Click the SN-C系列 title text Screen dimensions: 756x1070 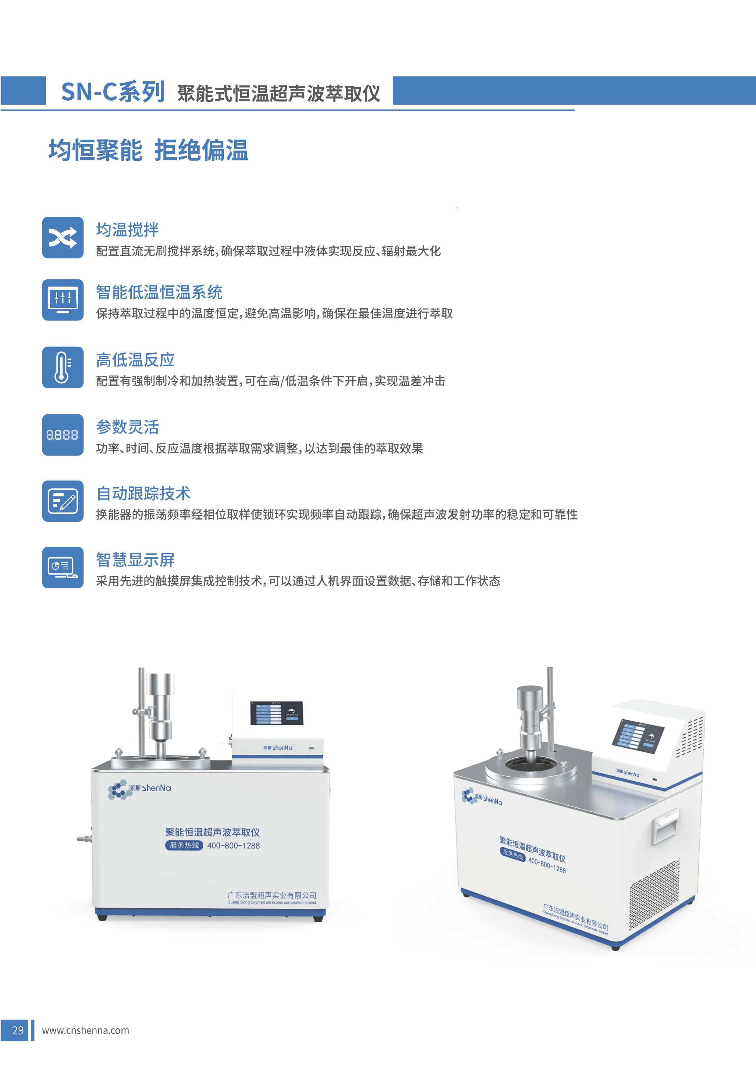click(x=113, y=92)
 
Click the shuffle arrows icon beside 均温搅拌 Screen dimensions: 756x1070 click(x=63, y=237)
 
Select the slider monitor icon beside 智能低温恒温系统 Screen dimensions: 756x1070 click(x=63, y=300)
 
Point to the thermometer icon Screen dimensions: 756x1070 click(x=63, y=367)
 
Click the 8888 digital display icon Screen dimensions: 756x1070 click(x=63, y=435)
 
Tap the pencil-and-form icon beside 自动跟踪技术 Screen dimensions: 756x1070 click(x=63, y=501)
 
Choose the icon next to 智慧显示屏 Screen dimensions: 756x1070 click(x=63, y=567)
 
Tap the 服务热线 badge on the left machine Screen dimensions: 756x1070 click(x=184, y=845)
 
